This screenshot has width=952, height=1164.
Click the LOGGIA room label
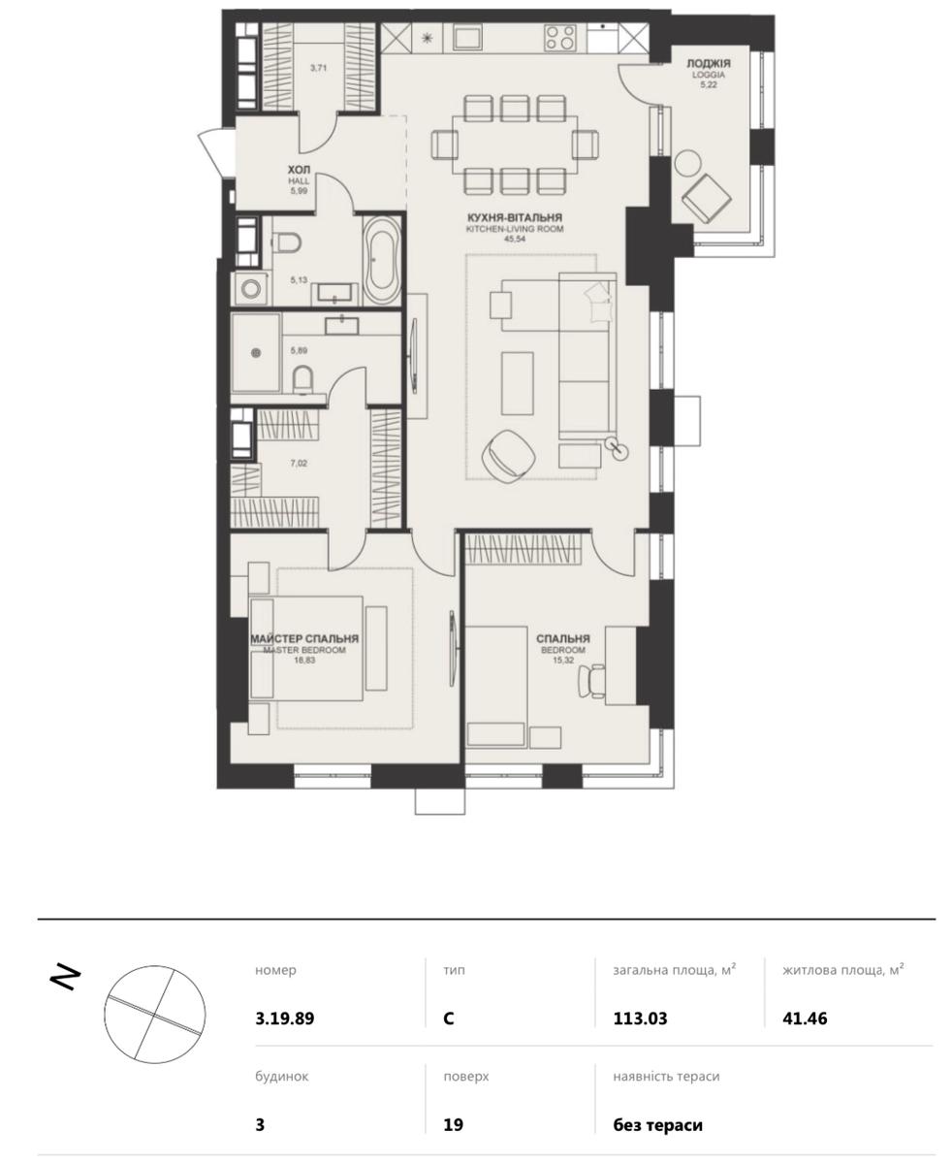pos(709,75)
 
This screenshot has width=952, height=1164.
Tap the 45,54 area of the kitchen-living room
pos(515,239)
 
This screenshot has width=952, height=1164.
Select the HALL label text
pos(299,181)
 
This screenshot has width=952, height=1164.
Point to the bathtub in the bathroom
pos(382,261)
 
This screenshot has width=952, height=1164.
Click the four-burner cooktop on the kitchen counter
pos(559,39)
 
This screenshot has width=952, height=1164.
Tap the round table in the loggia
pos(687,163)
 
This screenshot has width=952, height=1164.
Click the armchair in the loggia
pos(707,198)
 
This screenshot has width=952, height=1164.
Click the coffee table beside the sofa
pos(517,383)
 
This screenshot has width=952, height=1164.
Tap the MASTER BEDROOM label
pos(304,650)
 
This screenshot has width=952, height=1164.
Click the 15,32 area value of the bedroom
pos(562,660)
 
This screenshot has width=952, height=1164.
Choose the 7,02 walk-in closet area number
pos(299,463)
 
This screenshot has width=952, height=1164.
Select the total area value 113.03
pos(640,1018)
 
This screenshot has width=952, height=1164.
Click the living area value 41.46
pos(805,1018)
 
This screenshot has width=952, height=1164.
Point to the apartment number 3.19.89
pos(285,1018)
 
